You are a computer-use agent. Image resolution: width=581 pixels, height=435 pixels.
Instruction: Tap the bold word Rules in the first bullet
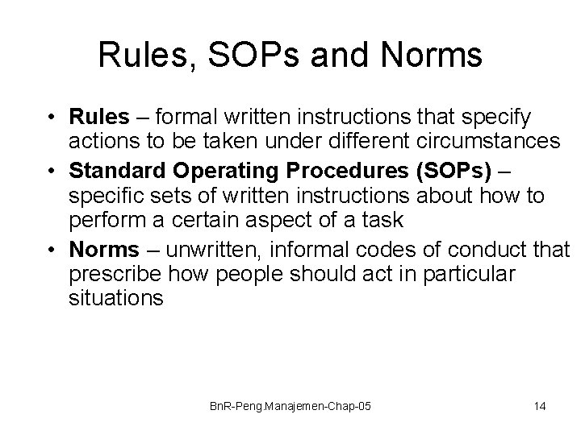(x=99, y=118)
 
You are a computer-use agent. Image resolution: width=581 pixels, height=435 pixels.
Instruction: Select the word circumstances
(x=481, y=142)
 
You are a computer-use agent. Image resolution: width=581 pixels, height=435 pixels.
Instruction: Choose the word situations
(x=117, y=298)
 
